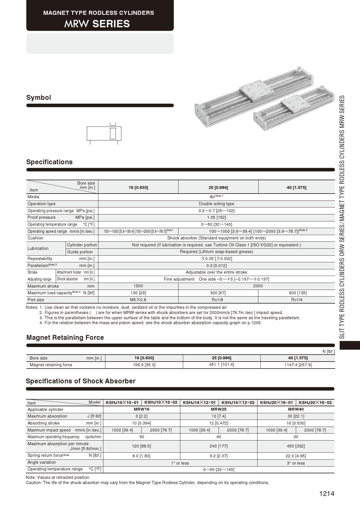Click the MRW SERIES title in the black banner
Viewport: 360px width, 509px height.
pos(97,24)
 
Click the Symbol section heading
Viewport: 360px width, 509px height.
pos(39,98)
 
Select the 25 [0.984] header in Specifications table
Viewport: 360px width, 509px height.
pos(218,187)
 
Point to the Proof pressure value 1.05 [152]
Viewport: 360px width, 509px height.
pos(216,217)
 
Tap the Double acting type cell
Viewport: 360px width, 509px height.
pos(216,204)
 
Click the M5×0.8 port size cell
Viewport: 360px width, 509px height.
pos(138,300)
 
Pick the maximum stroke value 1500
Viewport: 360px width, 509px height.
pos(138,286)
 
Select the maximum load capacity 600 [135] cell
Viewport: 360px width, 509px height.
pos(296,293)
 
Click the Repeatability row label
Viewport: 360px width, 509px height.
pos(40,259)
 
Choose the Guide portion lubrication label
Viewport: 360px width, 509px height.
pos(80,252)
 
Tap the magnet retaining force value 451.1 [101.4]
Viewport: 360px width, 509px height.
pos(222,364)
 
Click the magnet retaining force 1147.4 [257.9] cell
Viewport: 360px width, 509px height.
pos(298,365)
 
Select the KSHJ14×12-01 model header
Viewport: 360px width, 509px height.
pos(199,402)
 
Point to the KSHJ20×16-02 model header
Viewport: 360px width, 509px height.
pos(315,402)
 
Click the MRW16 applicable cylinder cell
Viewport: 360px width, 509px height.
pos(141,409)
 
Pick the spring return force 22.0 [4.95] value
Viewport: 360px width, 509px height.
pos(296,456)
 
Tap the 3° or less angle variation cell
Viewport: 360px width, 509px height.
pos(296,463)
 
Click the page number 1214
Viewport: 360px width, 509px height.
pos(327,494)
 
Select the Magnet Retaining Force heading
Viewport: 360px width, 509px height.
pos(65,337)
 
